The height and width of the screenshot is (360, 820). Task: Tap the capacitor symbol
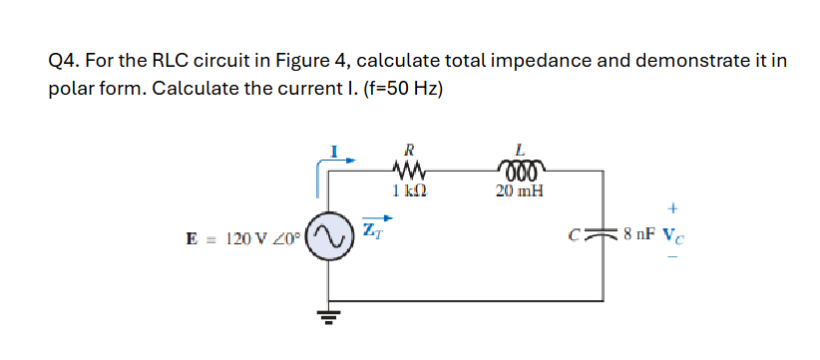tap(602, 236)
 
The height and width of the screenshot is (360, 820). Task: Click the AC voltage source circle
tap(330, 237)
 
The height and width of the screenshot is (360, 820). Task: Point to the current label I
tap(336, 152)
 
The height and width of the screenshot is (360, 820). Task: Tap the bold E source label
tap(192, 238)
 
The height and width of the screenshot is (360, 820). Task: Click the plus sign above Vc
tap(673, 209)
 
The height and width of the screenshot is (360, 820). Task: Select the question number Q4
tap(63, 62)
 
